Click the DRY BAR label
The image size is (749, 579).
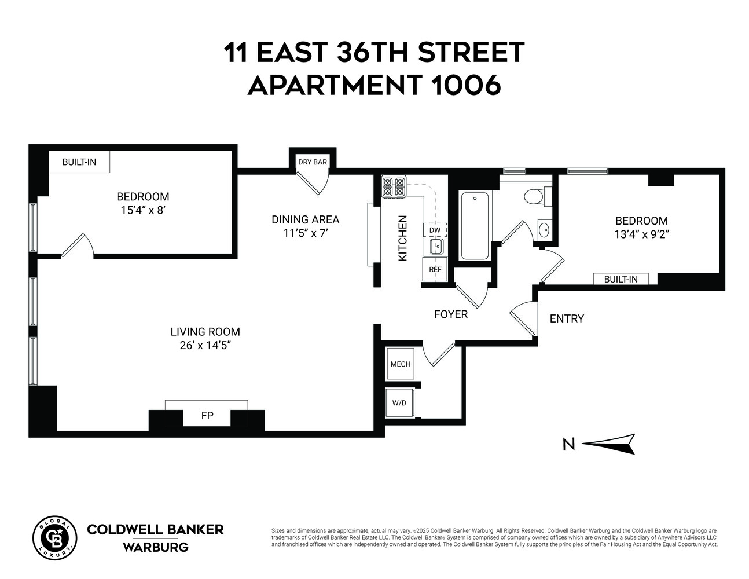[312, 162]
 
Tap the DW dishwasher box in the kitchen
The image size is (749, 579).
[435, 230]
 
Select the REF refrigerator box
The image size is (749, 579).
[435, 269]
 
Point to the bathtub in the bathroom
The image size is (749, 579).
[474, 225]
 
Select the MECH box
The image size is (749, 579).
[400, 364]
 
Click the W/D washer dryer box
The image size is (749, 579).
[399, 402]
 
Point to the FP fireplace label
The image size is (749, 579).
[207, 416]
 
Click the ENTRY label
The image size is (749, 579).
[567, 318]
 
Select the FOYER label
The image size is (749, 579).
[451, 314]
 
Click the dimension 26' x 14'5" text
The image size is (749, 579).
[205, 346]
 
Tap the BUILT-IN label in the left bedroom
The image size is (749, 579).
[79, 162]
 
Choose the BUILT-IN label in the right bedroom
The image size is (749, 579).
[621, 279]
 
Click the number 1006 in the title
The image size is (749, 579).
[467, 86]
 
